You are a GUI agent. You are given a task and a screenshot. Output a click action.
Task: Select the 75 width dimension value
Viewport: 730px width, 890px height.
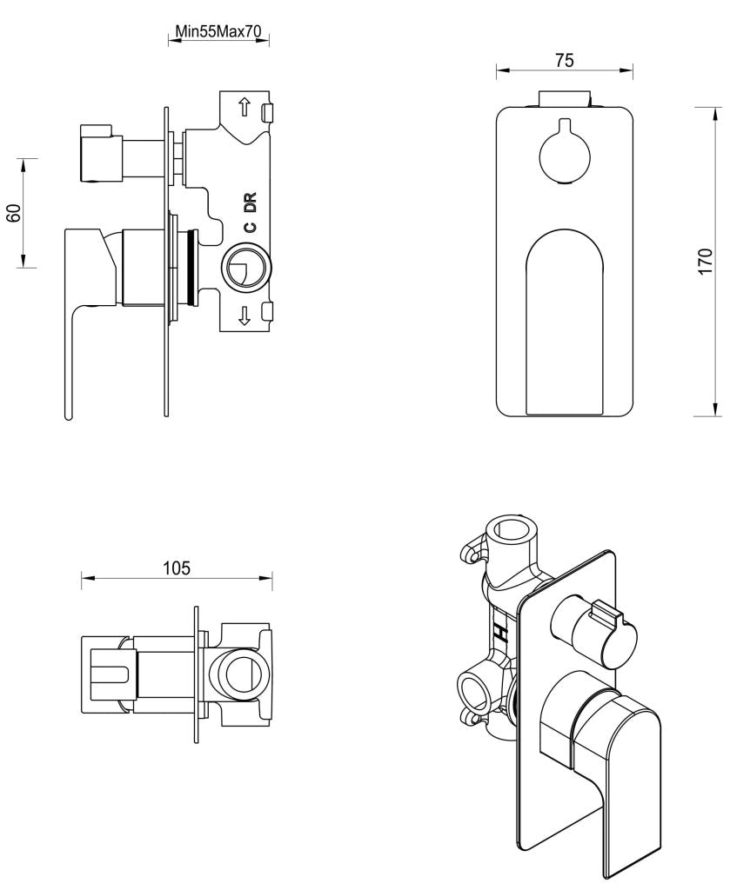coord(564,60)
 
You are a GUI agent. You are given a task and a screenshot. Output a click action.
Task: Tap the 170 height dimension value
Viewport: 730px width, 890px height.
coord(706,260)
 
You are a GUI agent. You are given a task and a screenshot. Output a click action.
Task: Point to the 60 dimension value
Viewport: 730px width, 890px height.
coord(14,213)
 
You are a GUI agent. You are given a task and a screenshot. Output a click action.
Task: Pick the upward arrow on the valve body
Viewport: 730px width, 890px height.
coord(244,108)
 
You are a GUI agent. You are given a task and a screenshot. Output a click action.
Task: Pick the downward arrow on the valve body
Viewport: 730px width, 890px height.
coord(244,315)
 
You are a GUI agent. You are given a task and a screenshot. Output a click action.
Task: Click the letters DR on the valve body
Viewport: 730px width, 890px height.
coord(251,203)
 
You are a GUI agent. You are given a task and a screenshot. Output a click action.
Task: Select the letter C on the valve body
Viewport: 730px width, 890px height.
coord(250,228)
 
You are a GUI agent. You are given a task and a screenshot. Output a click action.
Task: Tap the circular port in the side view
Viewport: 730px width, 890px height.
coord(246,268)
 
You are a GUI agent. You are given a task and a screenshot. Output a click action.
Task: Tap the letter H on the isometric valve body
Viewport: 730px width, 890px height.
coord(501,632)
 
